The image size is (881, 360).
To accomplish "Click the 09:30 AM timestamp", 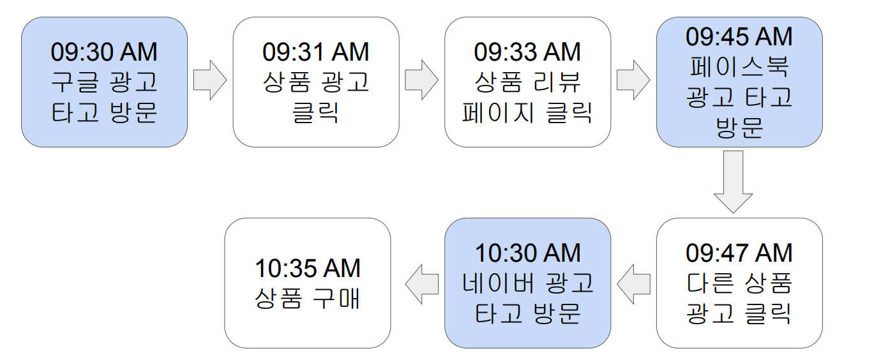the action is click(104, 52).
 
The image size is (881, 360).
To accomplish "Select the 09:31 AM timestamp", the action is click(315, 52).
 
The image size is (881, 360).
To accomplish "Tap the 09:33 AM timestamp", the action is click(527, 52).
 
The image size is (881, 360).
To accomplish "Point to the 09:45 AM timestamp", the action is click(739, 37).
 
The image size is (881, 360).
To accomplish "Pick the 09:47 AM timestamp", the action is click(739, 253).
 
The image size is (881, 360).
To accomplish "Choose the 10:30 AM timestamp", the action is click(527, 253).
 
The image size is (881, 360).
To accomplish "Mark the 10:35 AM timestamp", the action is click(308, 269).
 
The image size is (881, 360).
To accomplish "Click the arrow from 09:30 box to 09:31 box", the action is click(209, 81).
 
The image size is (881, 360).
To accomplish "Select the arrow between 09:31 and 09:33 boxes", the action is click(421, 81).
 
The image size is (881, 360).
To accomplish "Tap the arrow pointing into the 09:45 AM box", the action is click(633, 81).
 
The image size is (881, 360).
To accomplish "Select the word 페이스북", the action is click(739, 67).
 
